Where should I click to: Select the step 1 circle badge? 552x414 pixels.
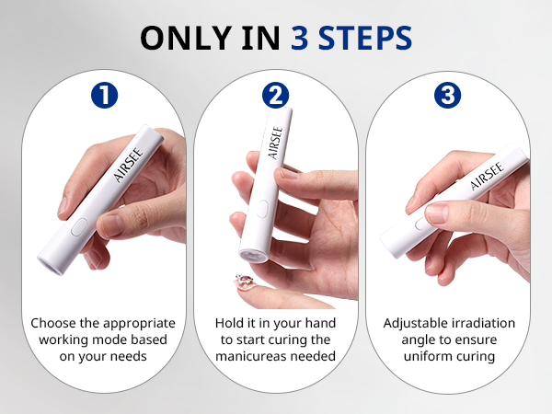click(x=103, y=95)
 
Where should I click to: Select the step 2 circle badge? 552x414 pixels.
click(x=275, y=95)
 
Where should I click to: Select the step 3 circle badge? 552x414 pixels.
click(x=448, y=95)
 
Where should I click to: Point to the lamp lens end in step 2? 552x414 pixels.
click(x=254, y=253)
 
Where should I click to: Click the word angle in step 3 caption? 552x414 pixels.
click(x=410, y=340)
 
